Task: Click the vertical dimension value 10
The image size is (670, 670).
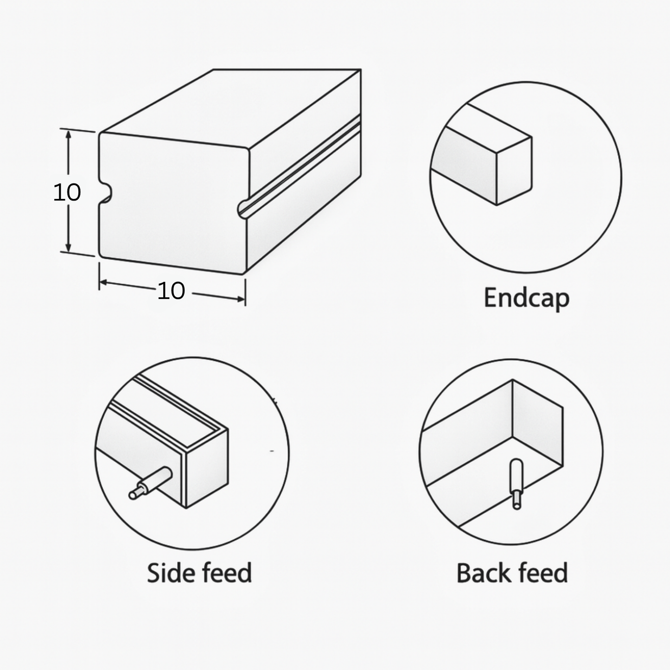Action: pyautogui.click(x=67, y=192)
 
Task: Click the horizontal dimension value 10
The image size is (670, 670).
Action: pyautogui.click(x=171, y=291)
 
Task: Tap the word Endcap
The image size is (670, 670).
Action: pyautogui.click(x=526, y=298)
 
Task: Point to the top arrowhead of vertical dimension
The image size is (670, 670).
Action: pyautogui.click(x=68, y=135)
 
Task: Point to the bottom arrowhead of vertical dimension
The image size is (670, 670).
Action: pyautogui.click(x=68, y=247)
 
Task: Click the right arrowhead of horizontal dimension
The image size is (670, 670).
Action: pyautogui.click(x=241, y=298)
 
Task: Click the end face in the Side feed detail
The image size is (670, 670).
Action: pyautogui.click(x=207, y=468)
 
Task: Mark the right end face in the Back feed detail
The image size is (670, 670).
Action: pyautogui.click(x=537, y=423)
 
